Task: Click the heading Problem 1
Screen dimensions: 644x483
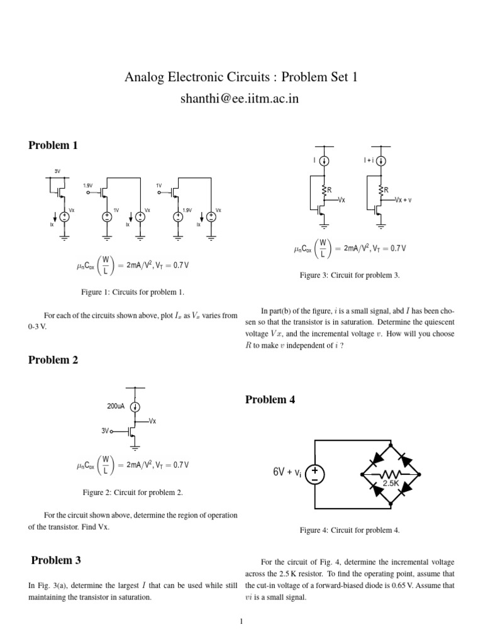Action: coord(53,145)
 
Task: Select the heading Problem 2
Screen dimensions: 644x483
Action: coord(53,360)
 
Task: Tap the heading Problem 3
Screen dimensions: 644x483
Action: coord(56,560)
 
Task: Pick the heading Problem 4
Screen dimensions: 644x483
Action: coord(270,400)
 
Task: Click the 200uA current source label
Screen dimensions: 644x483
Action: coord(117,406)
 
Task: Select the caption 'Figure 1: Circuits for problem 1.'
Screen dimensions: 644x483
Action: coord(133,292)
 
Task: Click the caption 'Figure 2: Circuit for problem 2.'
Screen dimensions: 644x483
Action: coord(133,492)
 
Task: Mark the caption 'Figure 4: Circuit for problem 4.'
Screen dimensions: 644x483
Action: coord(350,530)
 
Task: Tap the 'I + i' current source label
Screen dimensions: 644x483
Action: coord(369,161)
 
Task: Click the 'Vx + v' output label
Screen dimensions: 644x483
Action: coord(407,200)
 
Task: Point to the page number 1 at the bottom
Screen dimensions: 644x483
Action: coord(241,622)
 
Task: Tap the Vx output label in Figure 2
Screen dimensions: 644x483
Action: coord(153,421)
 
